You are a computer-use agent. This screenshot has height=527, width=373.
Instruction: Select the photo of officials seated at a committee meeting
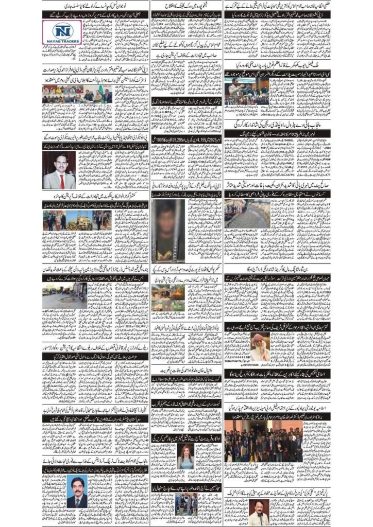point(77,94)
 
